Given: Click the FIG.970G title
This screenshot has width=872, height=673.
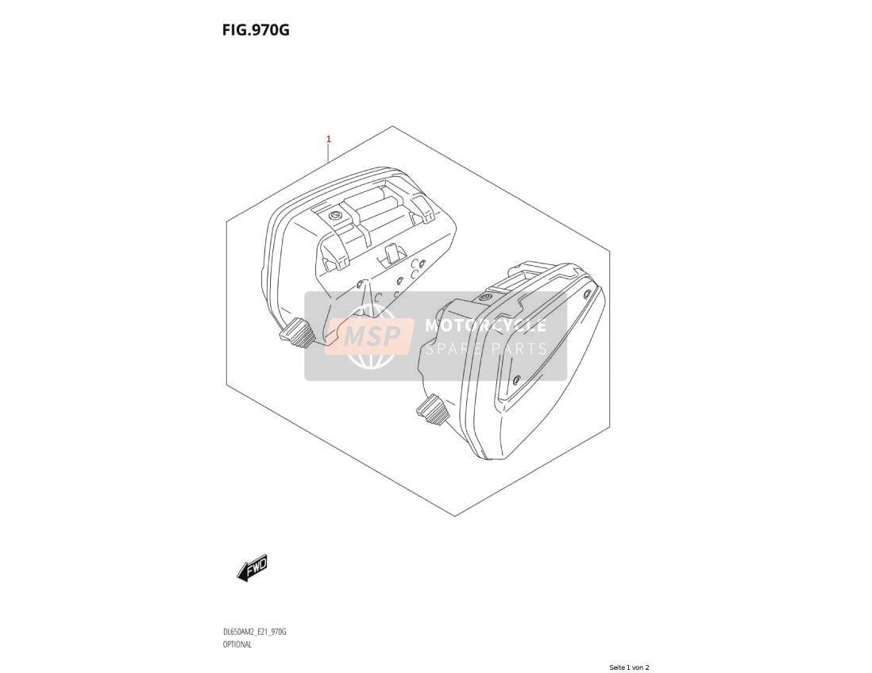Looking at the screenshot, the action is (256, 30).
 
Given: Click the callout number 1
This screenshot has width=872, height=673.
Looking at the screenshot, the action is (329, 139).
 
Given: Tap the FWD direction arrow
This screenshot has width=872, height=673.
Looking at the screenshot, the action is (252, 567).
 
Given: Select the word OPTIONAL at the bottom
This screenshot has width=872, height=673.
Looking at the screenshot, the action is (237, 644).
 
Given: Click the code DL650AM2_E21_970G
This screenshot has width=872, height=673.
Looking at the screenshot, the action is (254, 633).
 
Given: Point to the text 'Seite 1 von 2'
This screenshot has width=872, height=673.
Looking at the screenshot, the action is (629, 667).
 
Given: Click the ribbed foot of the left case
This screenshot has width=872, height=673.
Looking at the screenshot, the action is (296, 332).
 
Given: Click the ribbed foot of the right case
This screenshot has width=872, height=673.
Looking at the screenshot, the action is (433, 410).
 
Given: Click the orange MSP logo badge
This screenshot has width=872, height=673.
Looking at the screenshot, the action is (370, 336).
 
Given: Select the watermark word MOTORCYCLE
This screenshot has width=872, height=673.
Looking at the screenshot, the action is (485, 325).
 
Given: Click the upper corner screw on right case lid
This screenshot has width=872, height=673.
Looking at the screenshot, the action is (587, 293).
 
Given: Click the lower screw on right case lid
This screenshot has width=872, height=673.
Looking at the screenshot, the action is (517, 379).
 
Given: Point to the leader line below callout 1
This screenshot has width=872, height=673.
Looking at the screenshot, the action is (329, 153).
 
